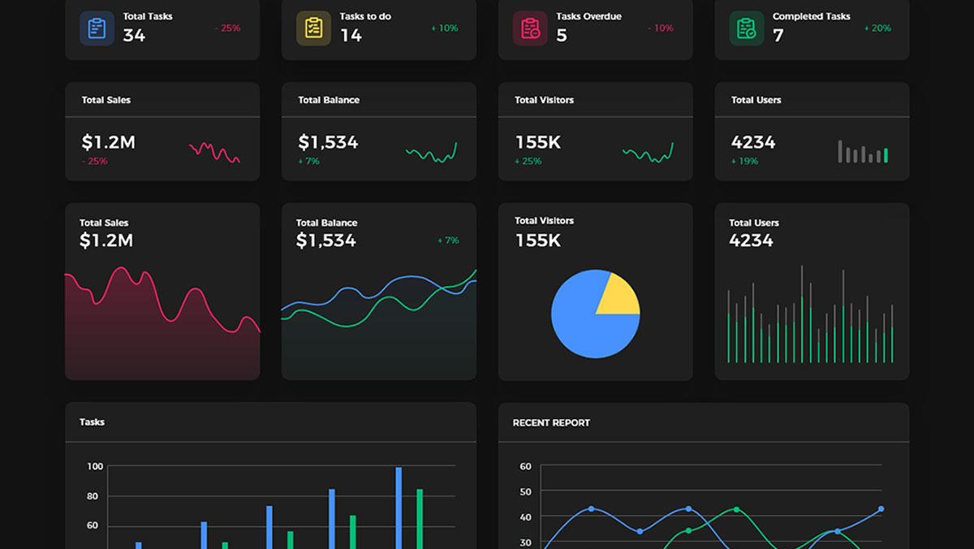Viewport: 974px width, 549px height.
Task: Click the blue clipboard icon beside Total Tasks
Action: pos(97,28)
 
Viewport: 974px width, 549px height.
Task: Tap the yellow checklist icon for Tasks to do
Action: pos(313,28)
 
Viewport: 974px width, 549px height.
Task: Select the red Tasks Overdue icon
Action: pos(530,28)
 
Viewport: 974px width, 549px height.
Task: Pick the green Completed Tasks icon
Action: pos(747,28)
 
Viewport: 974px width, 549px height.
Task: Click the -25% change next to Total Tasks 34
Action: pos(227,28)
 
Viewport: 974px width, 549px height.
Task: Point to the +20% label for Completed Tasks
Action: pos(877,28)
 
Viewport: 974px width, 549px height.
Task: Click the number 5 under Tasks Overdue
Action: pos(562,36)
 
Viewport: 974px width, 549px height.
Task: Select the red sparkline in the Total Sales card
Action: pos(214,152)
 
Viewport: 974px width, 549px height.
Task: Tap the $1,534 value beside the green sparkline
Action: pos(328,142)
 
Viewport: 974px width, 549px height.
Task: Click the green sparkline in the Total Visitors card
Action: pos(648,152)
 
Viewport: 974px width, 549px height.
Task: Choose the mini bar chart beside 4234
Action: pos(863,152)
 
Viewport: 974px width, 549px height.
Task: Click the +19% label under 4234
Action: pos(744,162)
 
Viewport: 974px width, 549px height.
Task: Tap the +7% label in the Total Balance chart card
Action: pos(448,240)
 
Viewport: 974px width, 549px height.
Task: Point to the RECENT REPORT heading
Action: pos(551,423)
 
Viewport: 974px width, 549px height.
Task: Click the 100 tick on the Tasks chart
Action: pos(95,466)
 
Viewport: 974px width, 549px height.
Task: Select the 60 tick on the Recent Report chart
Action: pos(525,466)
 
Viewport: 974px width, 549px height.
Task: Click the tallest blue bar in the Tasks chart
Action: pos(399,508)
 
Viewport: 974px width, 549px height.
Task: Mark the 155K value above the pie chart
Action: pos(538,240)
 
